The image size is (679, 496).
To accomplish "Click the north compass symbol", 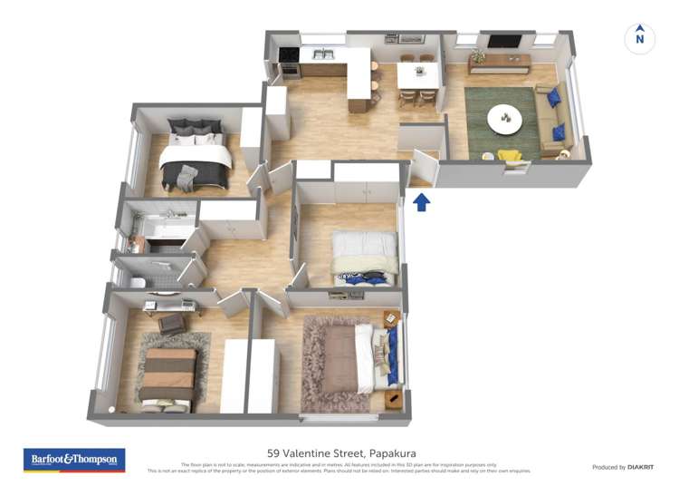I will click(640, 38).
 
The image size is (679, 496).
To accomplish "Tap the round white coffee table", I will click(504, 117).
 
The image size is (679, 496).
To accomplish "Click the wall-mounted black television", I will click(504, 41).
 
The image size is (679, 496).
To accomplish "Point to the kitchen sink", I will click(320, 54).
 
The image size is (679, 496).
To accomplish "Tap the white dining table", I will click(417, 75).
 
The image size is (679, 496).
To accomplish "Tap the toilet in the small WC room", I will click(139, 283).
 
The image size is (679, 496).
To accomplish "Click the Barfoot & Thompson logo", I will click(74, 460).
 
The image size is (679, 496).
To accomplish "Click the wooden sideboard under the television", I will click(500, 61).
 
